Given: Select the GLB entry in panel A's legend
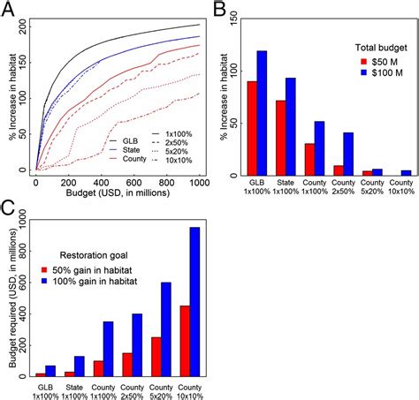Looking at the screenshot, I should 128,140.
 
